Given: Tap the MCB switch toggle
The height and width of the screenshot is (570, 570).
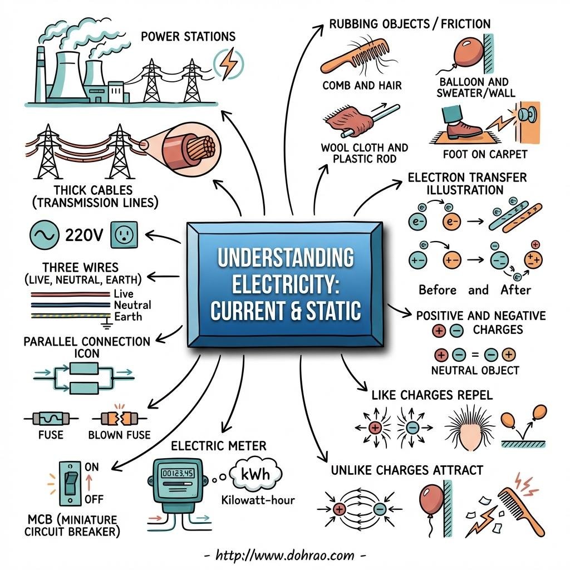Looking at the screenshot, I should pyautogui.click(x=70, y=482).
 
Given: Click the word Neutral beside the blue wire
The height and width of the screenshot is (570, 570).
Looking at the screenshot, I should pyautogui.click(x=132, y=305).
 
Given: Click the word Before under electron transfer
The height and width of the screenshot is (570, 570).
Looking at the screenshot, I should pyautogui.click(x=438, y=289).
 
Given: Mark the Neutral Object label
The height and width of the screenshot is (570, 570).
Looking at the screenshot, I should pyautogui.click(x=475, y=370).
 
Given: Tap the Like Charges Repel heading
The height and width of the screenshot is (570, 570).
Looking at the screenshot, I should pyautogui.click(x=431, y=396).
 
